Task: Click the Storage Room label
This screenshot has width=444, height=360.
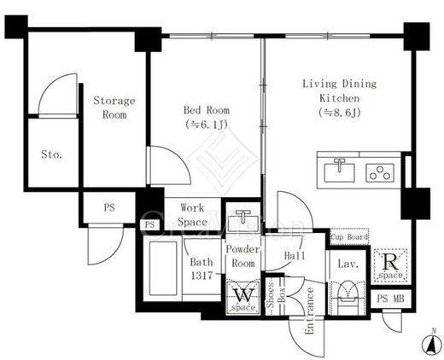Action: (114, 107)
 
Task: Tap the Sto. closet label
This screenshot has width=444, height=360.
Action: (51, 154)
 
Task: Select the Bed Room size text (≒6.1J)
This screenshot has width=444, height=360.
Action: (207, 125)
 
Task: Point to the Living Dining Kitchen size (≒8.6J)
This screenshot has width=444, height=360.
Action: (340, 113)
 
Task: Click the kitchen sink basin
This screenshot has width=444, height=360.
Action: (340, 172)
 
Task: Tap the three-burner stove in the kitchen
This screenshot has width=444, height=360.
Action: (380, 172)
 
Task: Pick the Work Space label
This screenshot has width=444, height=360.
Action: (192, 215)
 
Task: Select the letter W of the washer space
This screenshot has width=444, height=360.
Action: (243, 295)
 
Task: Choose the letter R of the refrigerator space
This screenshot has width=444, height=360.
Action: (390, 262)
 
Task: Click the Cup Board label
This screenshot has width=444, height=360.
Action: (349, 236)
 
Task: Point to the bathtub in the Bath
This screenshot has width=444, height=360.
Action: (163, 269)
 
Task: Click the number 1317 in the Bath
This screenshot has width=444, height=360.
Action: (202, 276)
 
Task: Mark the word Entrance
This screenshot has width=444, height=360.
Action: (309, 311)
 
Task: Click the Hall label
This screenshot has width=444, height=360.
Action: (295, 256)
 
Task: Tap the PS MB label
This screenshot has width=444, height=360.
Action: (390, 299)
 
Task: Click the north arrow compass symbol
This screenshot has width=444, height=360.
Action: (431, 343)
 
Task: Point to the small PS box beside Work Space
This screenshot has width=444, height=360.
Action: (149, 225)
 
